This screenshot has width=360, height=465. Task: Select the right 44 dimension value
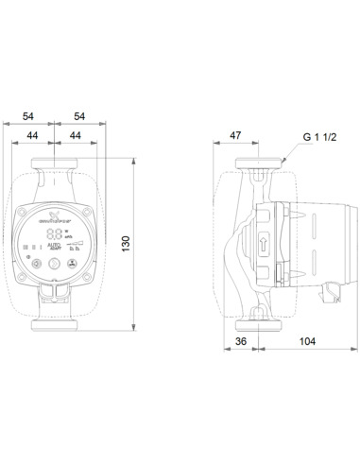click(77, 136)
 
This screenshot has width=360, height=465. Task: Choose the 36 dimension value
click(242, 342)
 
